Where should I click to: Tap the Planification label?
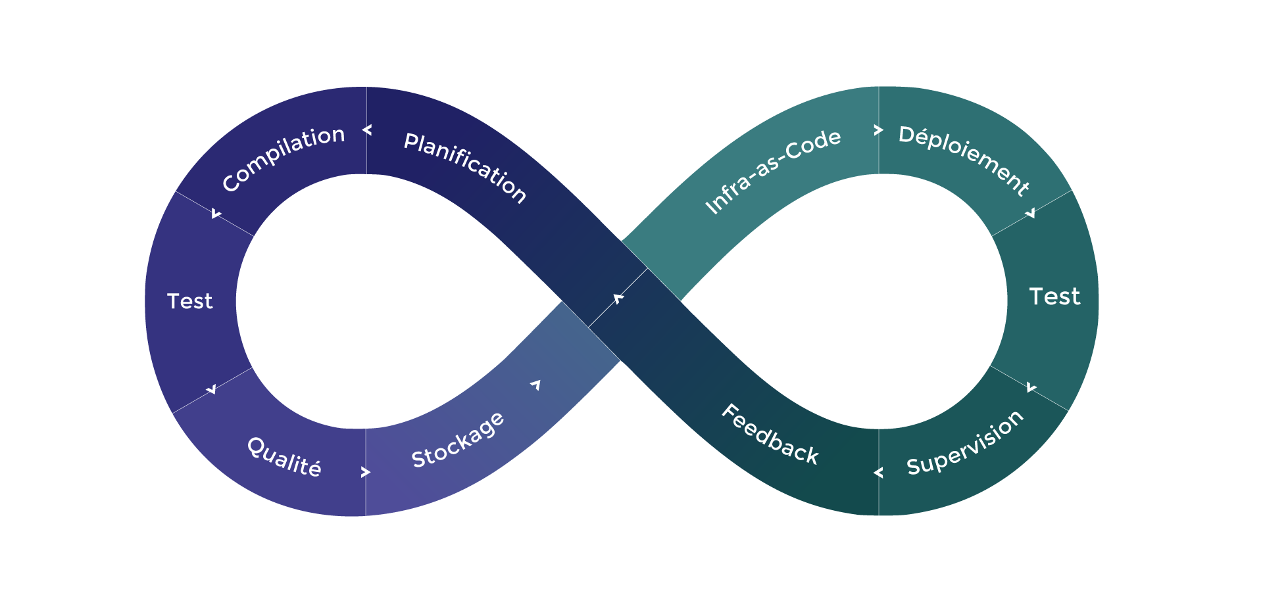point(465,167)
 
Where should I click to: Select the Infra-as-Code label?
point(773,170)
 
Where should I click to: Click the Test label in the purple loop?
point(190,301)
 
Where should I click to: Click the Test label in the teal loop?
point(1054,296)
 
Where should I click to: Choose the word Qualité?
point(284,456)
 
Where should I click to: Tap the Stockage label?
point(458,440)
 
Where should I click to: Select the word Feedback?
point(770,435)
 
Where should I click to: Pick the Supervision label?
point(965,442)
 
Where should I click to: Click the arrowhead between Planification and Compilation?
point(367,130)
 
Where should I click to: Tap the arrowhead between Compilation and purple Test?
point(216,214)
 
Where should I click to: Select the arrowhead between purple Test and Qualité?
point(211,389)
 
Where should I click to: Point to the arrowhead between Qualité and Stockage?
point(366,472)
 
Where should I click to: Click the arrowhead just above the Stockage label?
point(536,385)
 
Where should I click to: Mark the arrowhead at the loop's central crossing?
point(618,299)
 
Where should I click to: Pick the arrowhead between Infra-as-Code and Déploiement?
point(878,130)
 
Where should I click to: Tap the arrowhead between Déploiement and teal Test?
point(1030,213)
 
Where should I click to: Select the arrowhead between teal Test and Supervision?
point(1031,388)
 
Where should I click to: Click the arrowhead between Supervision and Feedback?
point(878,473)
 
